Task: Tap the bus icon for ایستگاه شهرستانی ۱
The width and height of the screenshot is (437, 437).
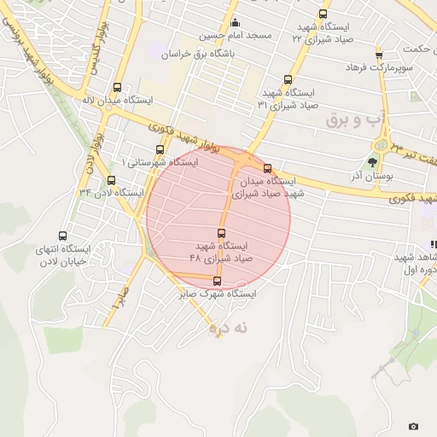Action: coord(160,149)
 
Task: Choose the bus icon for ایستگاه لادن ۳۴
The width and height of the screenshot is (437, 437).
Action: coord(111,180)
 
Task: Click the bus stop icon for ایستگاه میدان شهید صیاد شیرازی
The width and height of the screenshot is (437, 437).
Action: coord(268,168)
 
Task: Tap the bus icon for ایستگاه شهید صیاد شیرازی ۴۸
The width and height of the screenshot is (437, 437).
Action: coord(222,233)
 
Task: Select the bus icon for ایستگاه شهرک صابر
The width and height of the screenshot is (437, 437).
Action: coord(217,280)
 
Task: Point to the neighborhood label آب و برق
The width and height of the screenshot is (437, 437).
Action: coord(350,119)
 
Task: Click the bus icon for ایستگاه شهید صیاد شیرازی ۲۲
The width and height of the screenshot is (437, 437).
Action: coord(323,14)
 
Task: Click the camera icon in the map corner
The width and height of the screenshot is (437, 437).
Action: coord(414,426)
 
